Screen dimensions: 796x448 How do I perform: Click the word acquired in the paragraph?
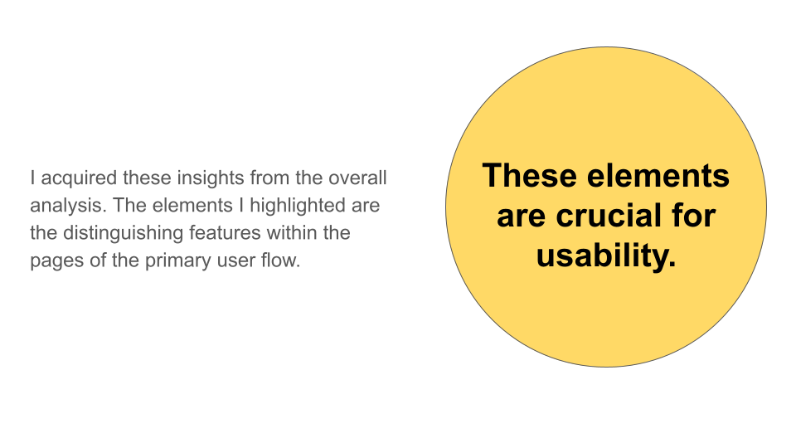coord(79,179)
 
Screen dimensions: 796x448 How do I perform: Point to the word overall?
coord(357,178)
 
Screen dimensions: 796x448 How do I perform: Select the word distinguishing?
coord(124,234)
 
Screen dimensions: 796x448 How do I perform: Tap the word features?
coord(226,233)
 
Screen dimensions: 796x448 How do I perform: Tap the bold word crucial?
coord(607,216)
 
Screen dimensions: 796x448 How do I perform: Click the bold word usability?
coord(607,255)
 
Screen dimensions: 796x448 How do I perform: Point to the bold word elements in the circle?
coord(658,176)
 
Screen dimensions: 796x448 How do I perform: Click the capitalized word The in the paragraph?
coord(130,206)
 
